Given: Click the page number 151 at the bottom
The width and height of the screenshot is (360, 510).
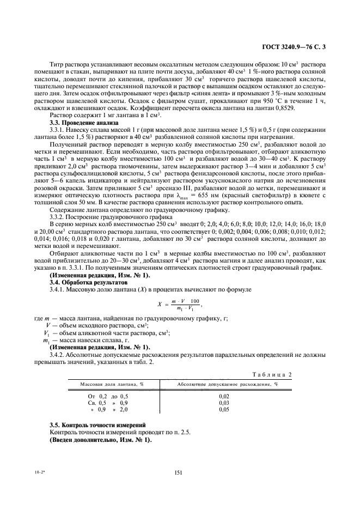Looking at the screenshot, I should pyautogui.click(x=180, y=474).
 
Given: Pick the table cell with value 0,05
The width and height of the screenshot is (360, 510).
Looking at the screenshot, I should pyautogui.click(x=223, y=409).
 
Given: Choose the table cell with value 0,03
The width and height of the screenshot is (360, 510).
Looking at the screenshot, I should pyautogui.click(x=223, y=402).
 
